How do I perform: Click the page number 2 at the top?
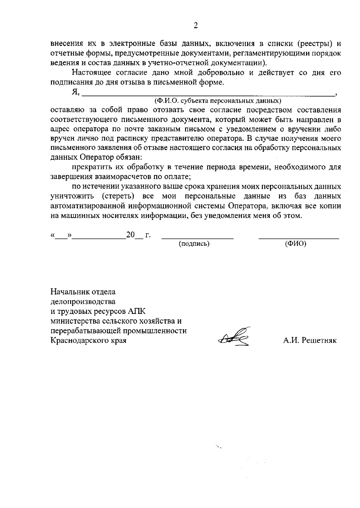(196, 26)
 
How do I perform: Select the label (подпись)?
(194, 244)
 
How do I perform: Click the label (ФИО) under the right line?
(296, 244)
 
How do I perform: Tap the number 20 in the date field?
(130, 235)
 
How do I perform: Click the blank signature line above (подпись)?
(197, 238)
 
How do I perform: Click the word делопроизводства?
(83, 301)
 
